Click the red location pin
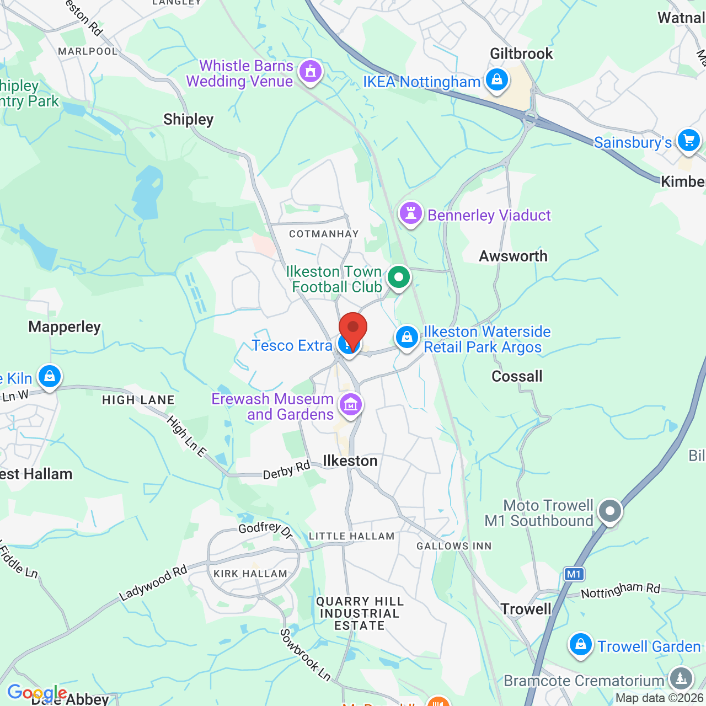353,329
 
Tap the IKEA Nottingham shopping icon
497,81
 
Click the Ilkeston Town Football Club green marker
399,277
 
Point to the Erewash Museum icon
351,405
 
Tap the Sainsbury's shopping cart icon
688,140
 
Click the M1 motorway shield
574,574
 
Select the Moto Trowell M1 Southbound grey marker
610,511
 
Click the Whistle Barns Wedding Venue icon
311,72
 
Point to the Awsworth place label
513,256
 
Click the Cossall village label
517,377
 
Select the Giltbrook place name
521,54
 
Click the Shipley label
188,120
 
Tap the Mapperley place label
65,327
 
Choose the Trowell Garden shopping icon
580,644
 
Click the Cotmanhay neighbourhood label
324,234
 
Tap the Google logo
37,693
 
